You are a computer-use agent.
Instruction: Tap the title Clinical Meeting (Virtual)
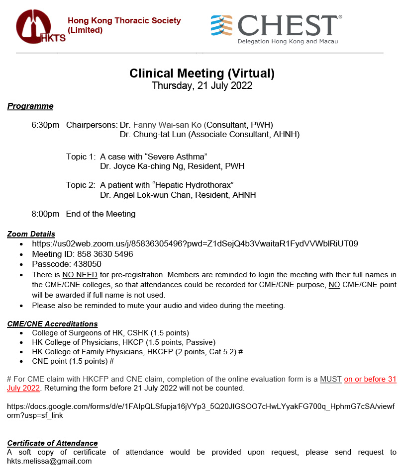coord(202,74)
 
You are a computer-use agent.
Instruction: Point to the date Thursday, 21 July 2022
coord(202,85)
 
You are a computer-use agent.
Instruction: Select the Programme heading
coord(30,106)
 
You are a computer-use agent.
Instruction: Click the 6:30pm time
coord(45,125)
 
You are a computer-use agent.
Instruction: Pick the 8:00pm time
coord(45,214)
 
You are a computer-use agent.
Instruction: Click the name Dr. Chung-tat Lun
coord(153,135)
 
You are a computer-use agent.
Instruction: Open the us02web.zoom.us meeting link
coord(195,244)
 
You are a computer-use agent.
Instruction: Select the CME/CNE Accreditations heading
coord(52,324)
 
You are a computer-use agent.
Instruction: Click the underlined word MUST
coord(331,379)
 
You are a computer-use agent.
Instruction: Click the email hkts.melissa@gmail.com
coord(49,461)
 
